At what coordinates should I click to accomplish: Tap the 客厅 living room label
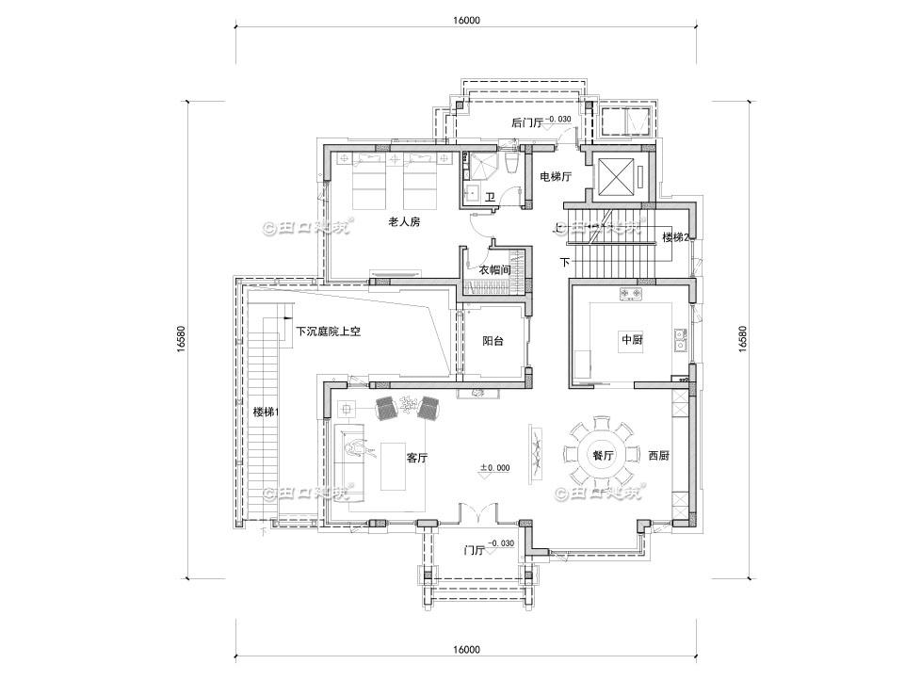[417, 458]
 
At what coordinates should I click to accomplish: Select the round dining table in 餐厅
[602, 454]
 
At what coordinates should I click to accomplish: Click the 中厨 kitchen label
[630, 340]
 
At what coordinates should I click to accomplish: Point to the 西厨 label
[658, 456]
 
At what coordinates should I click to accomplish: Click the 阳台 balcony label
[493, 341]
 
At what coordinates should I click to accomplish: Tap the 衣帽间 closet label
[494, 269]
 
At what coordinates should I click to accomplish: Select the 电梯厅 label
[555, 177]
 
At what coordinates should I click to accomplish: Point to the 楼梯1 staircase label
[267, 413]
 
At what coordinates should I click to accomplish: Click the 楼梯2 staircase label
[677, 236]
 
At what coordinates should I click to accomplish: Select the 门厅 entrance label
[475, 550]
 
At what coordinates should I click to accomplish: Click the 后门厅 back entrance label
[527, 122]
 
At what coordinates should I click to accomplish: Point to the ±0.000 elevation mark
[495, 468]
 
